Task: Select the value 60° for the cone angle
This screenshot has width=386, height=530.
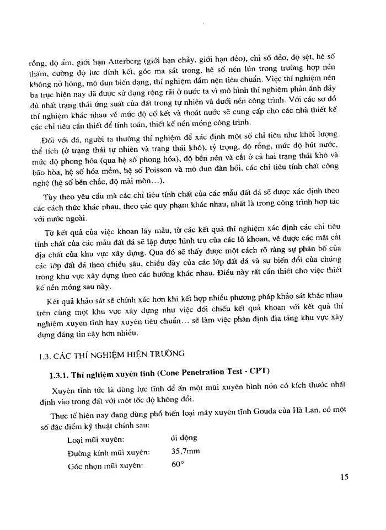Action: [x=177, y=465]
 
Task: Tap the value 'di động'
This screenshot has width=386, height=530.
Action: [x=184, y=438]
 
